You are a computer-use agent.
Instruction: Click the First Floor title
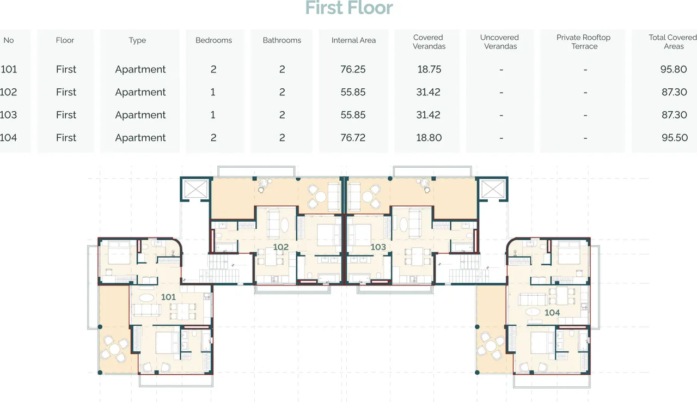point(349,8)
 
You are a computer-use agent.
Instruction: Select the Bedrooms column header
point(213,40)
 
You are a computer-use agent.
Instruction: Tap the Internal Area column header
point(353,40)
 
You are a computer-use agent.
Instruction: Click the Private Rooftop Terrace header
point(583,42)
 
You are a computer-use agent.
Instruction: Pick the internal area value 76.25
point(353,69)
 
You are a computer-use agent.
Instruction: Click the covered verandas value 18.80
point(429,137)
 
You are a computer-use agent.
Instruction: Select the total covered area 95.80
point(674,69)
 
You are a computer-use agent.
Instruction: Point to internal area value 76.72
point(353,137)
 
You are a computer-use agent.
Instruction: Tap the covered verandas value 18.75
point(429,69)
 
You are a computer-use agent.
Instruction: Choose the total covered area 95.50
point(675,137)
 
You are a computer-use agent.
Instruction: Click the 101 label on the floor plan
point(168,297)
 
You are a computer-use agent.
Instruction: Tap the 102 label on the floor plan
point(280,247)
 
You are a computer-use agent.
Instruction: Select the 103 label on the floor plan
point(378,247)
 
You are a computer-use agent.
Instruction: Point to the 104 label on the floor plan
point(552,312)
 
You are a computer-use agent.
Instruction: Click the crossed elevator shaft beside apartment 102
point(195,189)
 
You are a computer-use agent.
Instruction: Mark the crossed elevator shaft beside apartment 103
point(493,189)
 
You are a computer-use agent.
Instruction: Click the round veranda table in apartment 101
point(114,349)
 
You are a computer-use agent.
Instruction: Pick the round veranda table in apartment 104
point(491,346)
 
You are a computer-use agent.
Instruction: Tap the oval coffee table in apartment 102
point(284,224)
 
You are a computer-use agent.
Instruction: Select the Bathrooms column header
point(282,40)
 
